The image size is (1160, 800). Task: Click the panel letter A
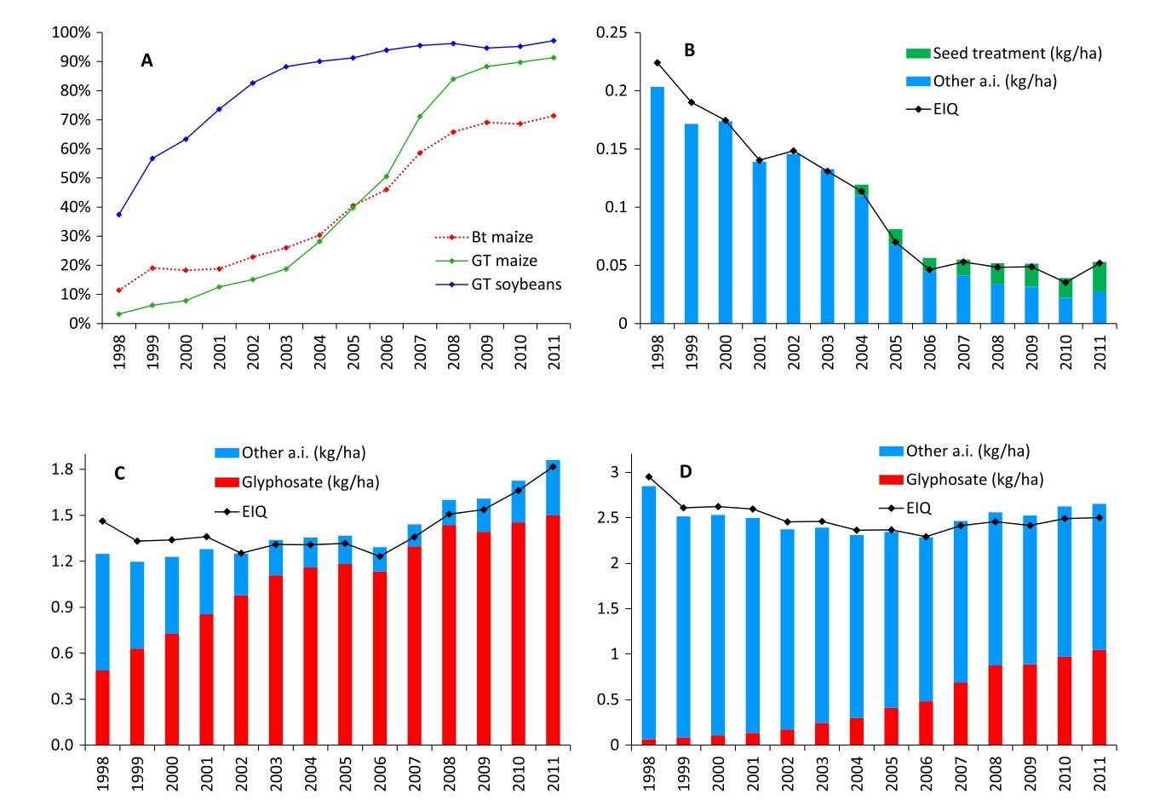147,60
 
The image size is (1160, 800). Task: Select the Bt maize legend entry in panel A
502,237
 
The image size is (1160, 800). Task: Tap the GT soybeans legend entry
516,285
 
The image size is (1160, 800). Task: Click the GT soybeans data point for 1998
118,215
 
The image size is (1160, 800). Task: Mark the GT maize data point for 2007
420,117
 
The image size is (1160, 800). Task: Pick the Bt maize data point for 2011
554,116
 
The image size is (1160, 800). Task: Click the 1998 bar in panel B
658,205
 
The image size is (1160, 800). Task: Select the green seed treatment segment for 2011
1100,278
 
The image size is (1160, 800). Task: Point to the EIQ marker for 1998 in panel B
658,62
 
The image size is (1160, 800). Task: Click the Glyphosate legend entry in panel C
310,482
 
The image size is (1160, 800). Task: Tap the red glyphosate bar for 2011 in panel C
554,630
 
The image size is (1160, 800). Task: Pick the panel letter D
686,471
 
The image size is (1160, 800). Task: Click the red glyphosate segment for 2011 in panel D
1098,697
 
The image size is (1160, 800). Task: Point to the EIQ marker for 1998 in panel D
649,477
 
